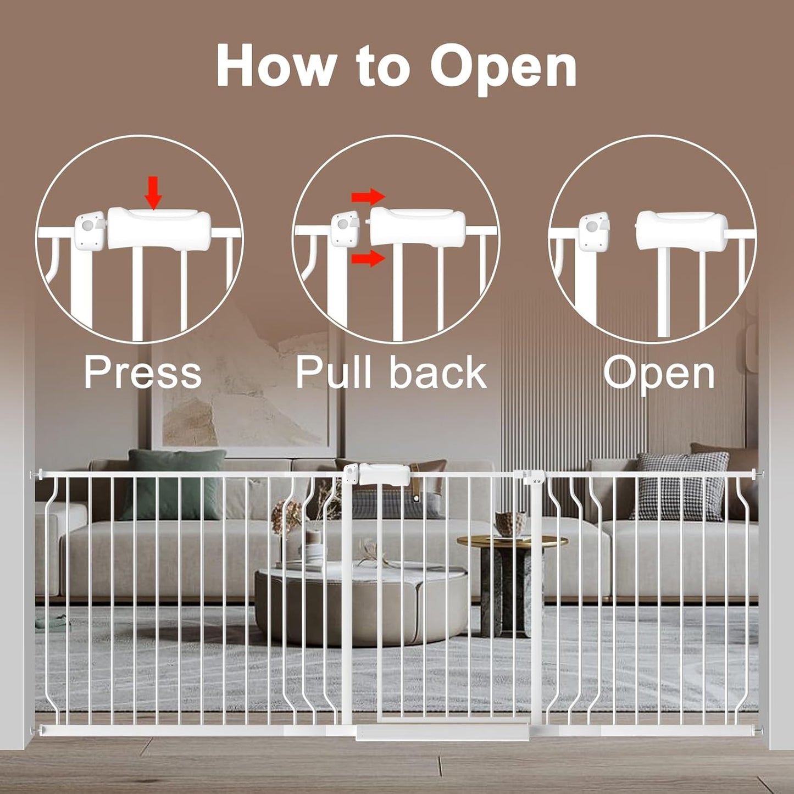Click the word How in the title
pyautogui.click(x=275, y=66)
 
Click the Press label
pyautogui.click(x=143, y=373)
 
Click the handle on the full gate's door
pyautogui.click(x=384, y=474)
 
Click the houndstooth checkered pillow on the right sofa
pyautogui.click(x=680, y=486)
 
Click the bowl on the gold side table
pyautogui.click(x=510, y=523)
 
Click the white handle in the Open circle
pyautogui.click(x=681, y=229)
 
